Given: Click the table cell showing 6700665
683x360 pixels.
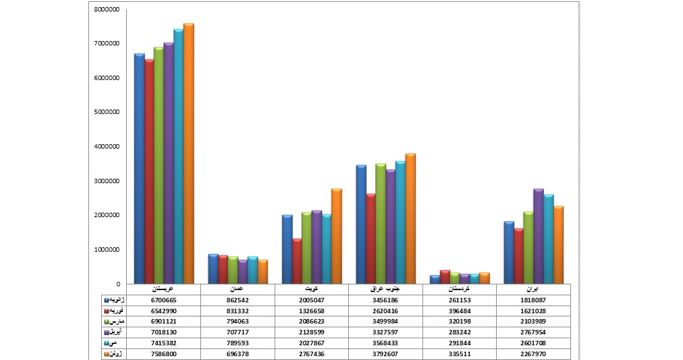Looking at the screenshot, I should point(163,300).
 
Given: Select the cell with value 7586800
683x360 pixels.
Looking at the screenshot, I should point(163,354).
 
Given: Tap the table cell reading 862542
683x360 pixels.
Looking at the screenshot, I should point(237,300).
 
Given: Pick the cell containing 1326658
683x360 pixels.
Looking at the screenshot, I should point(311,311).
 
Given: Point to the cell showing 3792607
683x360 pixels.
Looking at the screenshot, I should point(385,354).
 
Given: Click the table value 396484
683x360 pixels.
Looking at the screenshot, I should point(459,311).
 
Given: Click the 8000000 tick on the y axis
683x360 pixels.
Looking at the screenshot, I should point(106,10).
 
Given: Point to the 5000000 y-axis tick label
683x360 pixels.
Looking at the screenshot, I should point(106,113).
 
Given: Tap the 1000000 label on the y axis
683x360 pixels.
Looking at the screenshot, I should point(106,250).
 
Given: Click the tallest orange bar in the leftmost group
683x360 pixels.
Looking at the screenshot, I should point(188,154).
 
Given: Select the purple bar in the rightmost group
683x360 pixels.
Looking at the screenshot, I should point(538,236).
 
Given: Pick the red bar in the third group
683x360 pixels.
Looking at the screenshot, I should point(296,261).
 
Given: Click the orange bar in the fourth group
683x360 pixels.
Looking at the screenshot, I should point(410,218).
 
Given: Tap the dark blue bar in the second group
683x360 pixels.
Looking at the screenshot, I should point(213,269).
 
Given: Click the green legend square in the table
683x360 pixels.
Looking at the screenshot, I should point(106,322).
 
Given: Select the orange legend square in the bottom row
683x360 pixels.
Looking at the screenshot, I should point(106,354).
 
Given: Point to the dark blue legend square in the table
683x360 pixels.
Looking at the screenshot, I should point(106,300).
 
